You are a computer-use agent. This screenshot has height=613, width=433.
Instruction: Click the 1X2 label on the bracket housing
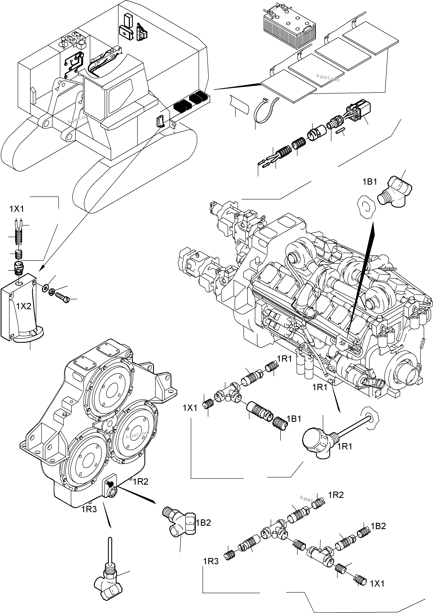pyautogui.click(x=24, y=306)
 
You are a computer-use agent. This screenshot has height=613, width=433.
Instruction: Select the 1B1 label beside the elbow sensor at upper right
pyautogui.click(x=370, y=182)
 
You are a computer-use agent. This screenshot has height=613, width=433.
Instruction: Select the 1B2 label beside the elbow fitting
pyautogui.click(x=203, y=523)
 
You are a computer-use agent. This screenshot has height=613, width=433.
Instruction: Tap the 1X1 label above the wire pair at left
pyautogui.click(x=17, y=209)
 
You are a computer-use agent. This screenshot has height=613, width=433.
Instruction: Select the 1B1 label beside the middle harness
pyautogui.click(x=294, y=419)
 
